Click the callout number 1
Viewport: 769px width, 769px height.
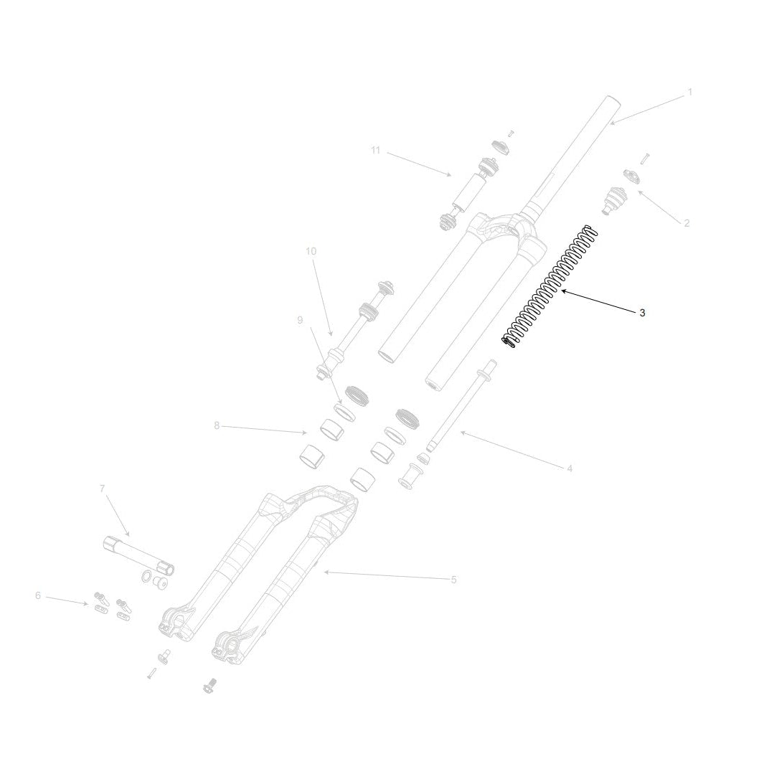(689, 92)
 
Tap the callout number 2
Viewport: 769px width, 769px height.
(687, 223)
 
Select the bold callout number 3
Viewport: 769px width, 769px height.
(642, 313)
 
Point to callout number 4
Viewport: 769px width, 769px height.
(570, 469)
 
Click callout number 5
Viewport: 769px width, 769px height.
(453, 580)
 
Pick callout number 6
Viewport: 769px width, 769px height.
(38, 595)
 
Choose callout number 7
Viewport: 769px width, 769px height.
(102, 489)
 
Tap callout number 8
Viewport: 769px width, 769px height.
(217, 425)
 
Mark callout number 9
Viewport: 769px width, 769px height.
(300, 320)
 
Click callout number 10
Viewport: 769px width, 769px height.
(311, 251)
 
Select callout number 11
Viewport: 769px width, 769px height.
(376, 150)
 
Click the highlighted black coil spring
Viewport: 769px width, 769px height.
(549, 286)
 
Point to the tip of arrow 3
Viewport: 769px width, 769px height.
(562, 291)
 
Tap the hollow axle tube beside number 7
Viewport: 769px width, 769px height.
(140, 557)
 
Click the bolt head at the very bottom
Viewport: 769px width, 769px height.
(210, 685)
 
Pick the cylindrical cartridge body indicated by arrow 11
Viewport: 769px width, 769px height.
(469, 191)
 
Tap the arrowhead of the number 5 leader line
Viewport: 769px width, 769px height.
(324, 572)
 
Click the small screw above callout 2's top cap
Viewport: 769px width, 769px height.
(644, 159)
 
